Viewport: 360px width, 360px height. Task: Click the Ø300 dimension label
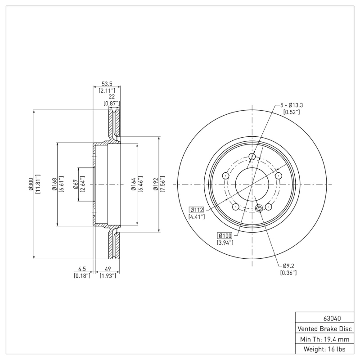point(31,184)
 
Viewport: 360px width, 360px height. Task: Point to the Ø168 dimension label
point(54,184)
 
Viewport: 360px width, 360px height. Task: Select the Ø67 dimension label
point(76,184)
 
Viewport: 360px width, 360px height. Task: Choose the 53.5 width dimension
point(107,83)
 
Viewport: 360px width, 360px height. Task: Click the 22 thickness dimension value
point(111,97)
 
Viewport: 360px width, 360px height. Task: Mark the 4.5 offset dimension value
point(82,270)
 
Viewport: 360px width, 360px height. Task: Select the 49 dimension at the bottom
point(108,270)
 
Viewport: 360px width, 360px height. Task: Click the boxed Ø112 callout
point(197,209)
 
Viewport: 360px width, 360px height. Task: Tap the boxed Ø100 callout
point(225,236)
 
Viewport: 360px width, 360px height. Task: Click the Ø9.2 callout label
point(288,266)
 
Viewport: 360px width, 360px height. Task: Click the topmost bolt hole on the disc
point(252,157)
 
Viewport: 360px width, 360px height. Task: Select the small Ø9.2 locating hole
point(258,208)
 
